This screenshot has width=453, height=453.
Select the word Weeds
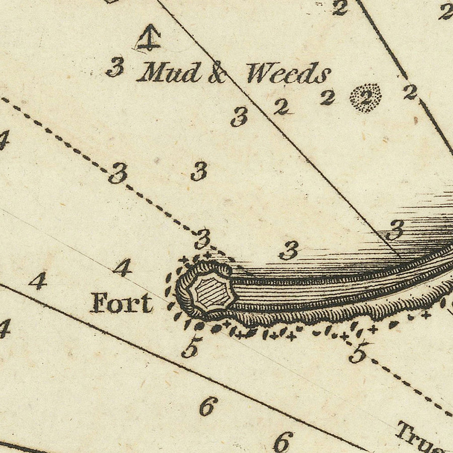288,74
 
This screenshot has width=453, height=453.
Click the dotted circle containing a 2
365,98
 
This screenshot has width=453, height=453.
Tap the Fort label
121,303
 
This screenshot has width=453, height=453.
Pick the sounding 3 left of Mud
115,67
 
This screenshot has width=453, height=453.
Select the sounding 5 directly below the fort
192,347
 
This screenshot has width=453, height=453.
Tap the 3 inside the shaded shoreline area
395,230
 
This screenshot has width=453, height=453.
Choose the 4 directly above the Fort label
122,267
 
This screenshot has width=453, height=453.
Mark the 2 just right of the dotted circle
410,92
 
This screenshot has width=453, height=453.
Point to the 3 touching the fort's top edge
202,238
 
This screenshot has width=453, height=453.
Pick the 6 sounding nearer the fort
208,406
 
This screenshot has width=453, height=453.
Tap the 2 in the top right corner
445,11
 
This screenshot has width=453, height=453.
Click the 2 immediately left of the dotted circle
328,97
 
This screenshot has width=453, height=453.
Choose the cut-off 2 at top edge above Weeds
340,7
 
